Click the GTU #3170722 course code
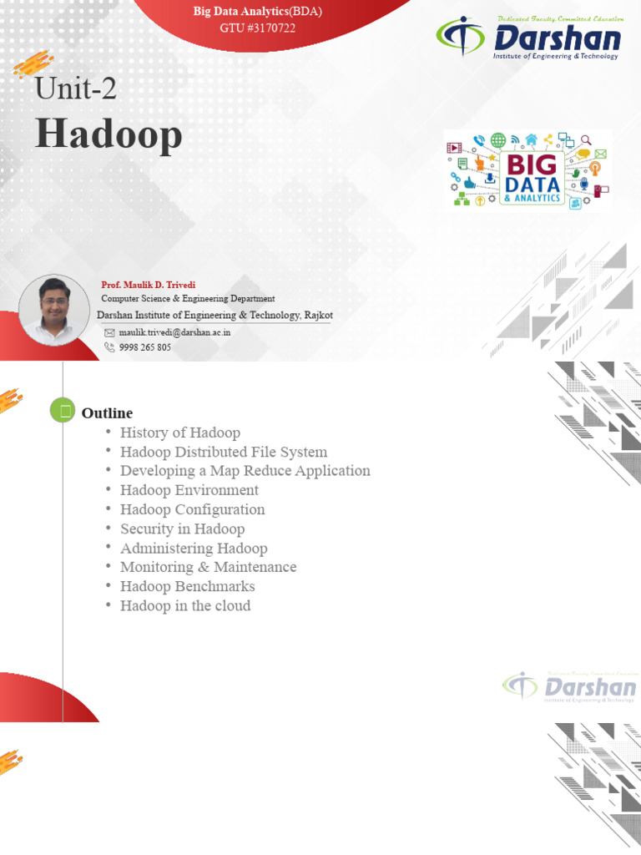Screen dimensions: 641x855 pos(258,28)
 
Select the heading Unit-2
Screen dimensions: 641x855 pos(76,89)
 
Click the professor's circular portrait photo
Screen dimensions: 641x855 pos(54,310)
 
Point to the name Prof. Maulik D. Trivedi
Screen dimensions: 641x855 pos(149,285)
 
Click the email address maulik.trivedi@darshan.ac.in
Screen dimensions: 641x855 pos(174,332)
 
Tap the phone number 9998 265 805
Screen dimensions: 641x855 pos(145,347)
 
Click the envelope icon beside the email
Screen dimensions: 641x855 pos(109,332)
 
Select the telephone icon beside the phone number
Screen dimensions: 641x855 pos(109,347)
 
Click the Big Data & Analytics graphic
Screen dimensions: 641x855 pos(527,170)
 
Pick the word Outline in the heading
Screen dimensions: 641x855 pos(108,412)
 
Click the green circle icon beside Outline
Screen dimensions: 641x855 pos(63,410)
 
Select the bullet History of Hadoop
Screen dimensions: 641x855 pos(180,433)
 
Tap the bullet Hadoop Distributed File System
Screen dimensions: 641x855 pos(224,452)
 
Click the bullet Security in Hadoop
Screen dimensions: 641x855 pos(183,529)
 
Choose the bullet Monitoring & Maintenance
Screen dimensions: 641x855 pos(209,567)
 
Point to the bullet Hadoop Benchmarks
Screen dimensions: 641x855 pos(188,586)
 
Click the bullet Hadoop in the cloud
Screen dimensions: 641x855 pos(185,606)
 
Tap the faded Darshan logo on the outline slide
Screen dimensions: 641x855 pos(569,686)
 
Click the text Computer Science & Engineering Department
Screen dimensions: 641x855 pos(188,299)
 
